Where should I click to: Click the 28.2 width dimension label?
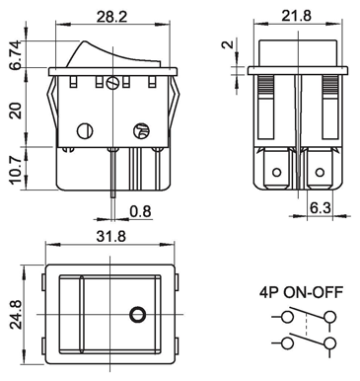pos(111,16)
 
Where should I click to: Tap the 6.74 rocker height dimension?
pos(16,55)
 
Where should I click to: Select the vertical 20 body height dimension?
pos(16,111)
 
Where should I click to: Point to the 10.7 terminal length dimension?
pos(15,170)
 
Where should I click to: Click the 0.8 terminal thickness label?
pos(140,211)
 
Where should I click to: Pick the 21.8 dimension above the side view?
pos(296,16)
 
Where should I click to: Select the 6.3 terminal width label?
pos(321,208)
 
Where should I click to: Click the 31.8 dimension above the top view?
pos(110,236)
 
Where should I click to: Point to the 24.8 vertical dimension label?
pos(16,315)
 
